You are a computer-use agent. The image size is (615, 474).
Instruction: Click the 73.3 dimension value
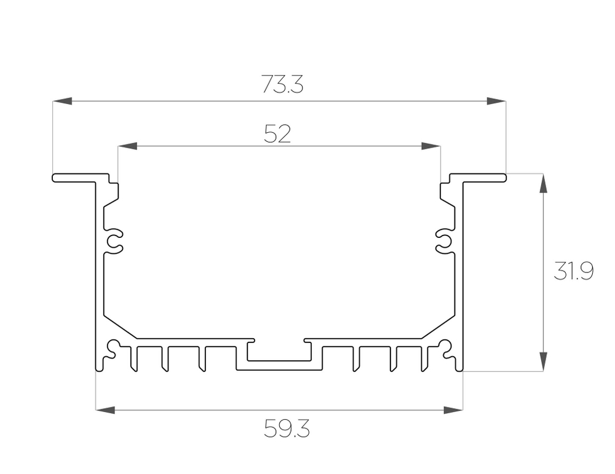click(282, 84)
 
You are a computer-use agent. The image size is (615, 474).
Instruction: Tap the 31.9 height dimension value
click(573, 271)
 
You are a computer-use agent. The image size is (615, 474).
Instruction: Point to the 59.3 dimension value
click(287, 429)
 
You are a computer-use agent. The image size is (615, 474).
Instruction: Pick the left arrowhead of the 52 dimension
click(127, 146)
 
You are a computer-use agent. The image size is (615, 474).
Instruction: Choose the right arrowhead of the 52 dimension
click(431, 146)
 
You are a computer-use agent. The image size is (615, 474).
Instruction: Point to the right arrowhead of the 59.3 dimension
click(453, 409)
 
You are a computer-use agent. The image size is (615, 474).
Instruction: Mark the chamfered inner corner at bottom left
click(118, 327)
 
